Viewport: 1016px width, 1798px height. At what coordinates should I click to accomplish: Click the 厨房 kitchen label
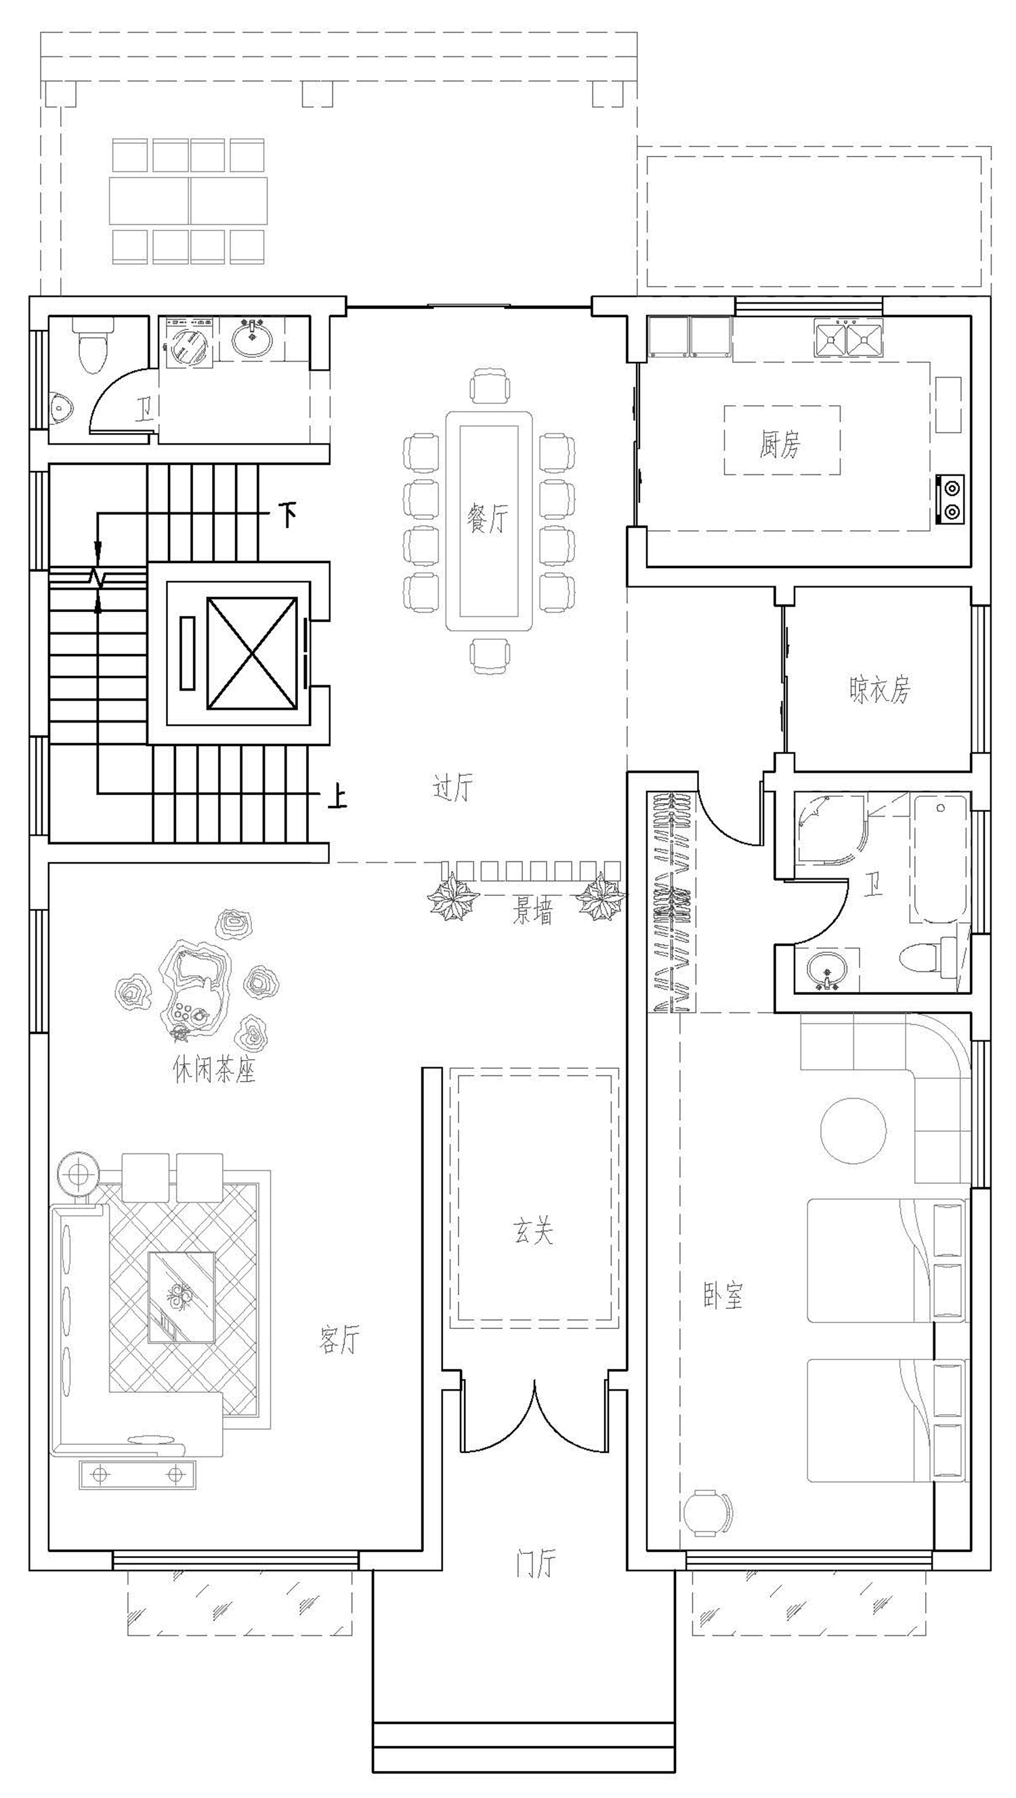780,444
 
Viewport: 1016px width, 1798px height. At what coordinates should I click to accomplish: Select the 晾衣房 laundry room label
880,689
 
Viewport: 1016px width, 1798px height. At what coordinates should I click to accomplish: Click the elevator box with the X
253,653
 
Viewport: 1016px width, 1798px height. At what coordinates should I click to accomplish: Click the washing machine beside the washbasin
188,342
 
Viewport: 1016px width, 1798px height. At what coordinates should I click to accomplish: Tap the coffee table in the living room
182,1298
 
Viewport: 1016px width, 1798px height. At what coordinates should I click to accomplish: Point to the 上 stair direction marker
338,796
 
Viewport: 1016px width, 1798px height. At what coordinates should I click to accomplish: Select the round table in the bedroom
853,1130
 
